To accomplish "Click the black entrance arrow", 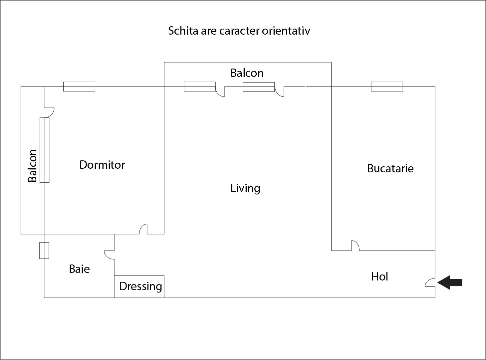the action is pos(450,282).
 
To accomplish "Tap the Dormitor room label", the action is pos(102,165).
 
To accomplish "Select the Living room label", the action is pos(245,188).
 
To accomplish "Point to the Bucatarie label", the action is pos(390,168).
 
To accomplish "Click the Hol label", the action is pos(380,276).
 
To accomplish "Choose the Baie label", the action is pos(79,269).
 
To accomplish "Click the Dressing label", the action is pos(141,286).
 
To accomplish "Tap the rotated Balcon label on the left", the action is pos(32,166).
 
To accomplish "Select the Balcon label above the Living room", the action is pos(247,73).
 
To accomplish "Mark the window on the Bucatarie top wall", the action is pos(387,87).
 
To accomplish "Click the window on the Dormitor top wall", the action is pos(79,87).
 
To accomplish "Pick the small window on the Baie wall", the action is pos(44,251).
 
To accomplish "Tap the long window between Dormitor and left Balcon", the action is pos(45,150).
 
